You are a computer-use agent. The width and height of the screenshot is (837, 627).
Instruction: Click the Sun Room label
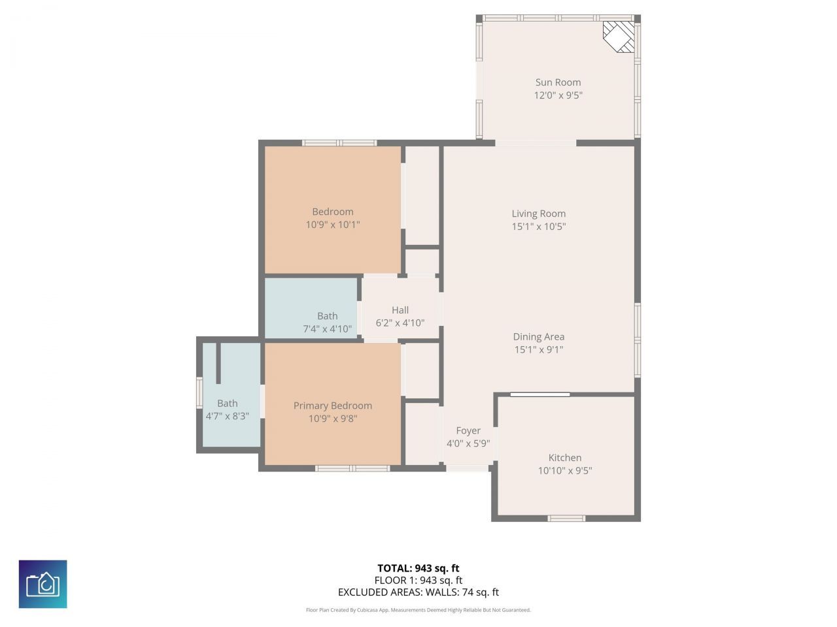tap(558, 82)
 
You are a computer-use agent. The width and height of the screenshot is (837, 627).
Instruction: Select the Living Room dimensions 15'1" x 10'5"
tap(538, 227)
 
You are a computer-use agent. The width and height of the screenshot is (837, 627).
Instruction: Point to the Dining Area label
tap(538, 337)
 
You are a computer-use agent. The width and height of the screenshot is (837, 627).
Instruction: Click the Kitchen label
tap(565, 458)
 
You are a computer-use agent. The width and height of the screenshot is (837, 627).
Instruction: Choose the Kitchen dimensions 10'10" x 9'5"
tap(565, 470)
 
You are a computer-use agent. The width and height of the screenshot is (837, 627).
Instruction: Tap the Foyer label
tap(468, 430)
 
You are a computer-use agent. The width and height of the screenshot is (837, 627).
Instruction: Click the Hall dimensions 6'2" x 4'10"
tap(400, 323)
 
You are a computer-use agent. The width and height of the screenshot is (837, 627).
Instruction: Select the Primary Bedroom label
tap(332, 406)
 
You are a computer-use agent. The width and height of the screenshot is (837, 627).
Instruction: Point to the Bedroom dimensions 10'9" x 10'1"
tap(332, 225)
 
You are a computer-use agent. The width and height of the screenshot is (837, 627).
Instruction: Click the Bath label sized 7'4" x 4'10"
tap(328, 316)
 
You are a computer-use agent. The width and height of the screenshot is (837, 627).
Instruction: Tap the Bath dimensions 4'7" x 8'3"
tap(228, 416)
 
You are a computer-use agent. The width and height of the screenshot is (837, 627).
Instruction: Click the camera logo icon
tap(43, 584)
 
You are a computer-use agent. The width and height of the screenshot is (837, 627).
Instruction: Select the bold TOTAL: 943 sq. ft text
tap(418, 568)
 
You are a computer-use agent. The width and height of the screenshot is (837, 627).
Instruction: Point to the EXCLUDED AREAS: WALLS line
tap(418, 592)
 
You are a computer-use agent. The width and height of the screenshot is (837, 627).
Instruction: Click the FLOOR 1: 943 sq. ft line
tap(418, 580)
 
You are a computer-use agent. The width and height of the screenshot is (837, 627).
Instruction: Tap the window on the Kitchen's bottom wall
tap(566, 519)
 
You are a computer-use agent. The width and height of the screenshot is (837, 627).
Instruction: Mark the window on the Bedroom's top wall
tap(339, 143)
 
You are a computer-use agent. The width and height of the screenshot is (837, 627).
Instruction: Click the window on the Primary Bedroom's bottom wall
tap(352, 468)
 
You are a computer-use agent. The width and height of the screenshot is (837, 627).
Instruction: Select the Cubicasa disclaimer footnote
tap(418, 610)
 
